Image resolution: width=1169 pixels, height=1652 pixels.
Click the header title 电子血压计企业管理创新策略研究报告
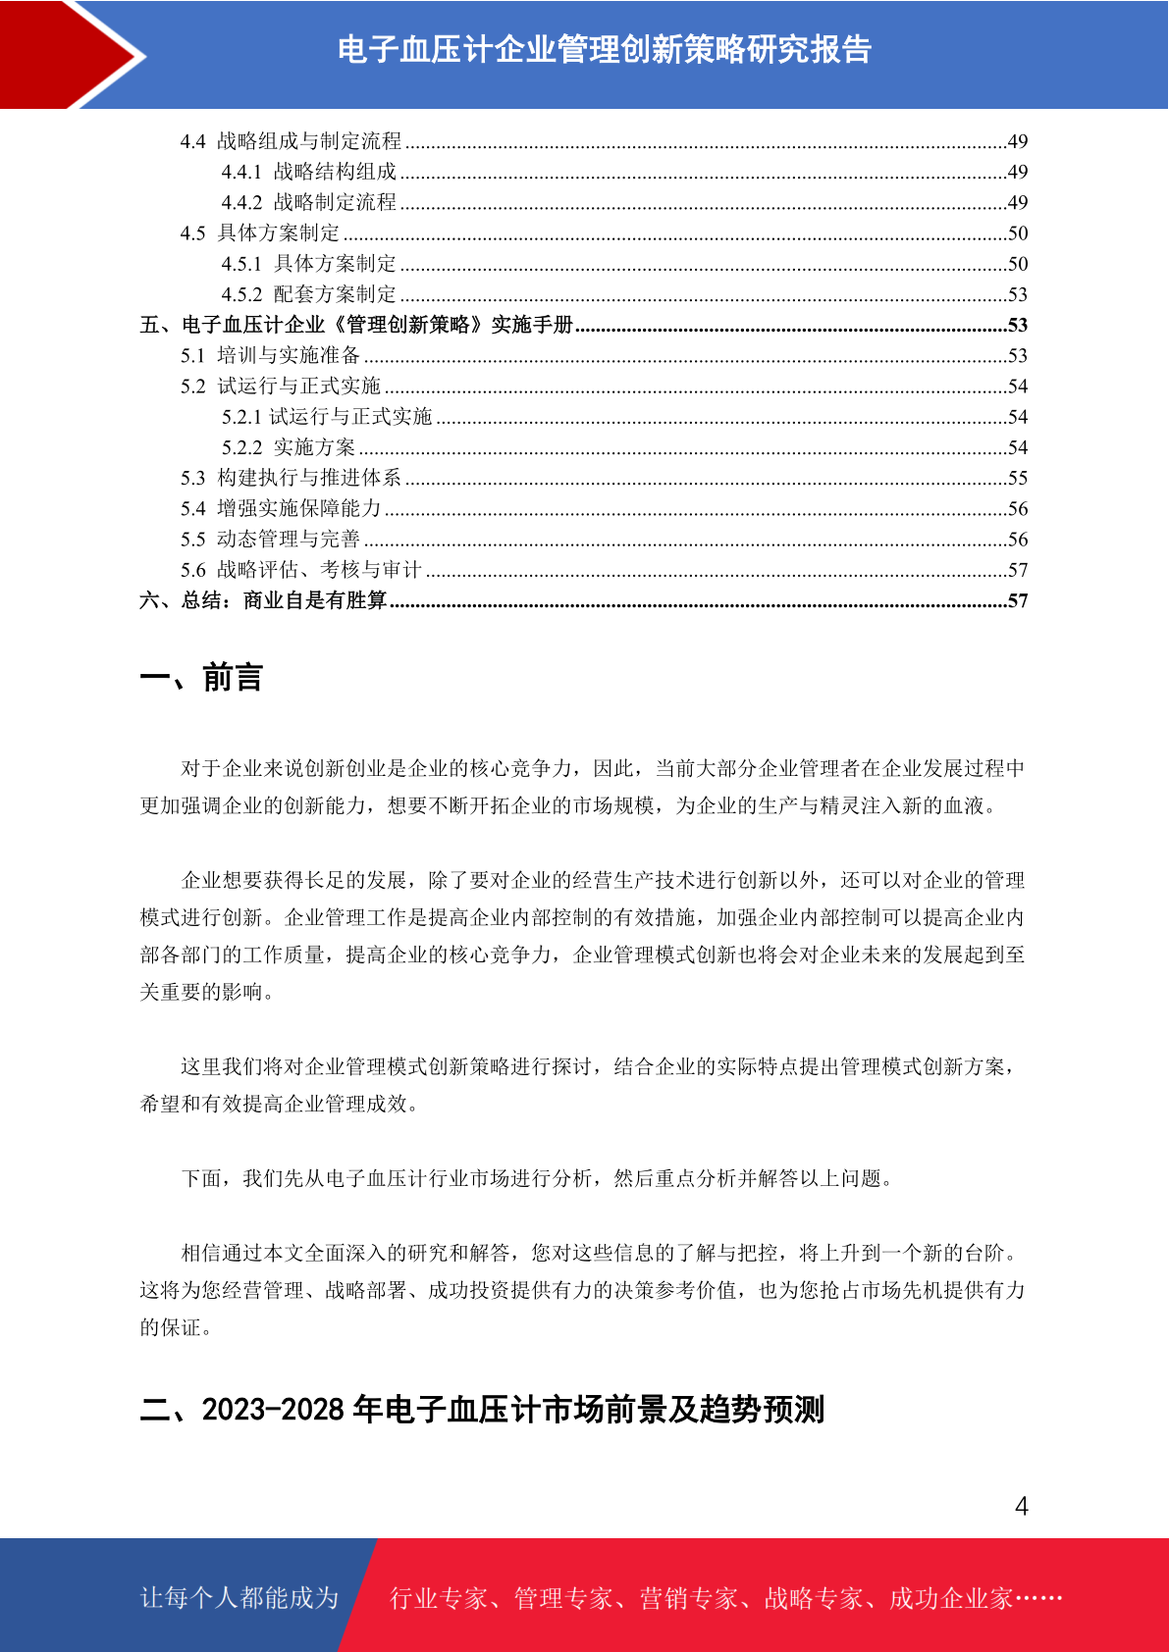604,49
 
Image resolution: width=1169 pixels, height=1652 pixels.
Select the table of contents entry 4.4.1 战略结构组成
309,172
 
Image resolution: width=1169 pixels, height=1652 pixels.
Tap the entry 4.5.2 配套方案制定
309,294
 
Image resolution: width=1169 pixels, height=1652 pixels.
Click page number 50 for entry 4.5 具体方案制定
1018,233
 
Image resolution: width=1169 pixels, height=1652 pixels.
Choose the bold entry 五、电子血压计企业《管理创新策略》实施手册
356,325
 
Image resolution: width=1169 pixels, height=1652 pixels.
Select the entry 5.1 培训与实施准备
271,355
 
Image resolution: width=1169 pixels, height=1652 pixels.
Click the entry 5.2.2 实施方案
289,447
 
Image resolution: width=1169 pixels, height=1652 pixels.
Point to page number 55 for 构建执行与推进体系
1018,478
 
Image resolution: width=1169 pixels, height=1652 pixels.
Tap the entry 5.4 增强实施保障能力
281,508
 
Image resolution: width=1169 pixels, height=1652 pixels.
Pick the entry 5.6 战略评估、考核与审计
301,570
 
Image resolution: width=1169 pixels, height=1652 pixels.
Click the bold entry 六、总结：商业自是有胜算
263,600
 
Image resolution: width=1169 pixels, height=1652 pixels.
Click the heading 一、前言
201,678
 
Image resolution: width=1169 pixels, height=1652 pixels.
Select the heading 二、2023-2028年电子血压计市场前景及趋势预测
482,1410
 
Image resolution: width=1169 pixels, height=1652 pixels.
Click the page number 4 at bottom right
1021,1506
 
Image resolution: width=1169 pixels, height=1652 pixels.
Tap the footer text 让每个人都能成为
239,1598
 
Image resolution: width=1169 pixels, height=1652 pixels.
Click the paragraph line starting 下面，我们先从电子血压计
538,1178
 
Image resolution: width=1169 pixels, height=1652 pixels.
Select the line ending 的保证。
177,1327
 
